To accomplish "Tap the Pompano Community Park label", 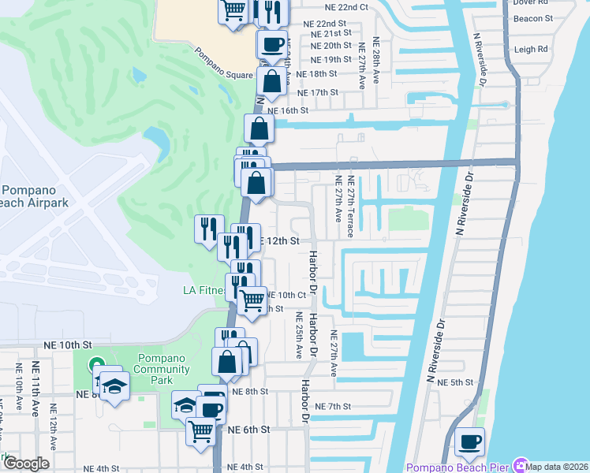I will pos(162,370).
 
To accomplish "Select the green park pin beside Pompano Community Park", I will pos(97,365).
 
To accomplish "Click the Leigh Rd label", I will pos(531,50).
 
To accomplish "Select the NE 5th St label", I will pos(457,382).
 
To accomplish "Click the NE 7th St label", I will pos(332,406).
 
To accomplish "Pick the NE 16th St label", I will pos(287,110).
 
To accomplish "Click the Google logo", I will pos(27,463).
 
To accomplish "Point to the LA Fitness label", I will pos(201,290).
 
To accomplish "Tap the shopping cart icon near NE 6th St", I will pos(201,430).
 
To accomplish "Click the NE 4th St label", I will pos(96,468).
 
